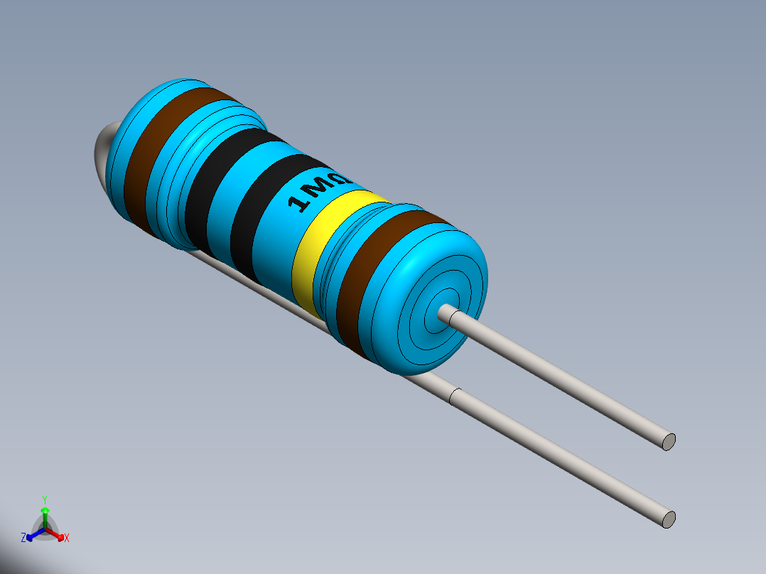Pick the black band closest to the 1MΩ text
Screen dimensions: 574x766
(x=259, y=213)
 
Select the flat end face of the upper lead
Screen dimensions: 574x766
(x=668, y=441)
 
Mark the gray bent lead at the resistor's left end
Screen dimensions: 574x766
(x=103, y=149)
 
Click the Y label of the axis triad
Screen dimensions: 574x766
(x=44, y=499)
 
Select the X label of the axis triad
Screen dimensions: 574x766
(x=67, y=538)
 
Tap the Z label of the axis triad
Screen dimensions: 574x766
(x=23, y=538)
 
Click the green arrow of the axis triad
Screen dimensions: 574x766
(x=44, y=513)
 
